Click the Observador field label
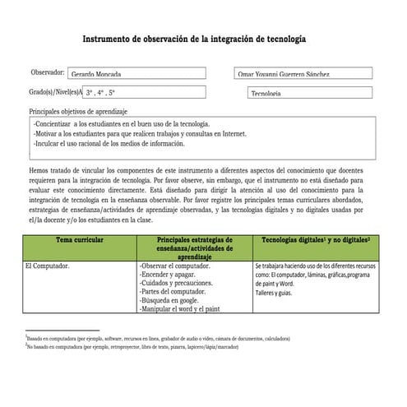coord(48,72)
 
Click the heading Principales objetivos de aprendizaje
coord(77,110)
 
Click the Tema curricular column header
coord(80,239)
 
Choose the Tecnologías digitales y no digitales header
coord(315,239)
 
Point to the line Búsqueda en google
coord(175,302)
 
